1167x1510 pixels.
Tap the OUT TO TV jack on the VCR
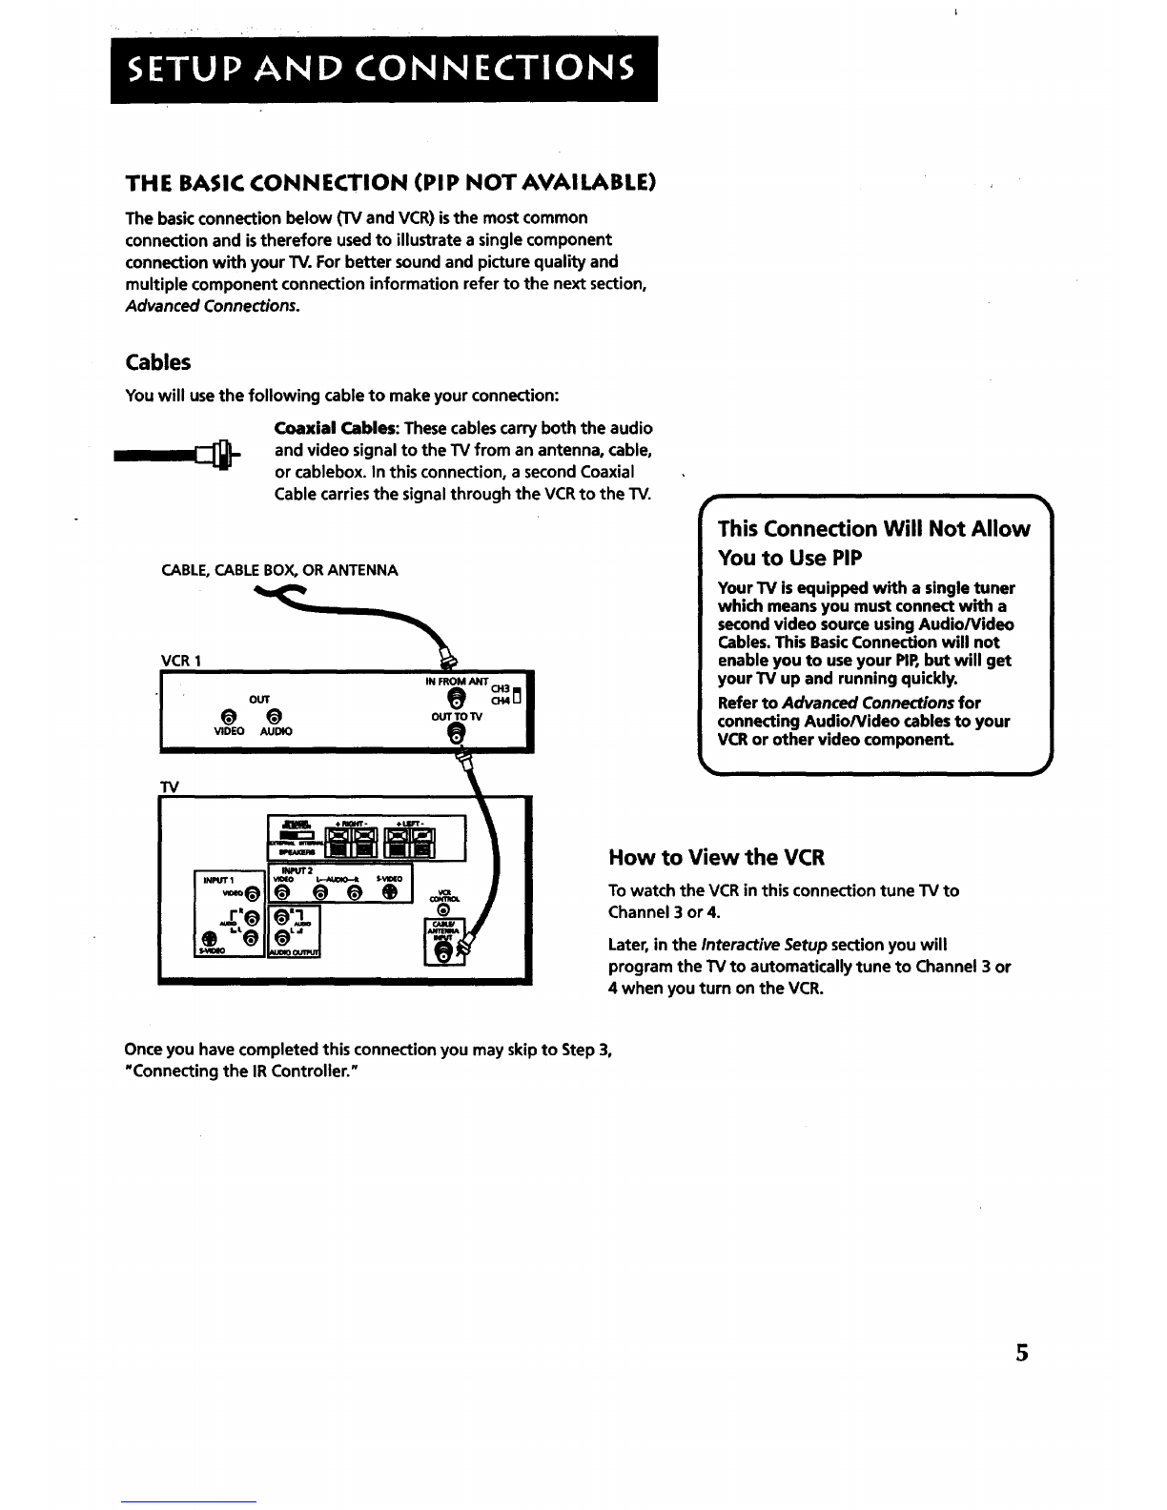456,734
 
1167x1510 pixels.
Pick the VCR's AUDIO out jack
274,717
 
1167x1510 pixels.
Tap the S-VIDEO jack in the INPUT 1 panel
209,938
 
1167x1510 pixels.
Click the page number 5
1022,1353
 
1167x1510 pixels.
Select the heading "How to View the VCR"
715,857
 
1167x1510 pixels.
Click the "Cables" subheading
158,362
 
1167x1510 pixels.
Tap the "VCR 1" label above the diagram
179,661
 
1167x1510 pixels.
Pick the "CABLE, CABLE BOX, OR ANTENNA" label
280,570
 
